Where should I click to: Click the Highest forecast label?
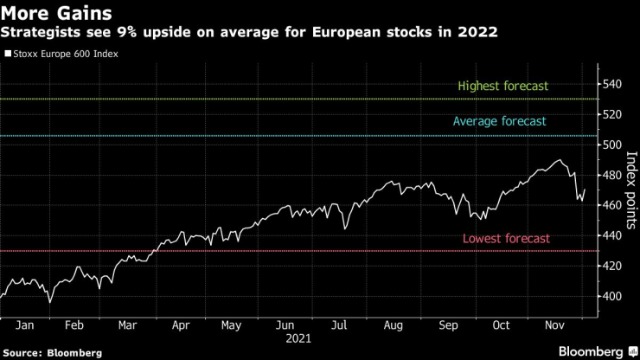pyautogui.click(x=503, y=87)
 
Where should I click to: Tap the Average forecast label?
pyautogui.click(x=499, y=122)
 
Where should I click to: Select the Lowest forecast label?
pyautogui.click(x=506, y=239)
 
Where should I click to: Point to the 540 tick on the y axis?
pyautogui.click(x=611, y=84)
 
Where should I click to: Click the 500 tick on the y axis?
pyautogui.click(x=611, y=145)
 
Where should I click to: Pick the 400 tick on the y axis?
pyautogui.click(x=611, y=296)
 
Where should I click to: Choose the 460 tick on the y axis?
pyautogui.click(x=611, y=205)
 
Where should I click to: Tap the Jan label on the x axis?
pyautogui.click(x=24, y=326)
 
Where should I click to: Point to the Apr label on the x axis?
pyautogui.click(x=182, y=326)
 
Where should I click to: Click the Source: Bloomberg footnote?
pyautogui.click(x=52, y=353)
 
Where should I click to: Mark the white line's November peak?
pyautogui.click(x=560, y=160)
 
